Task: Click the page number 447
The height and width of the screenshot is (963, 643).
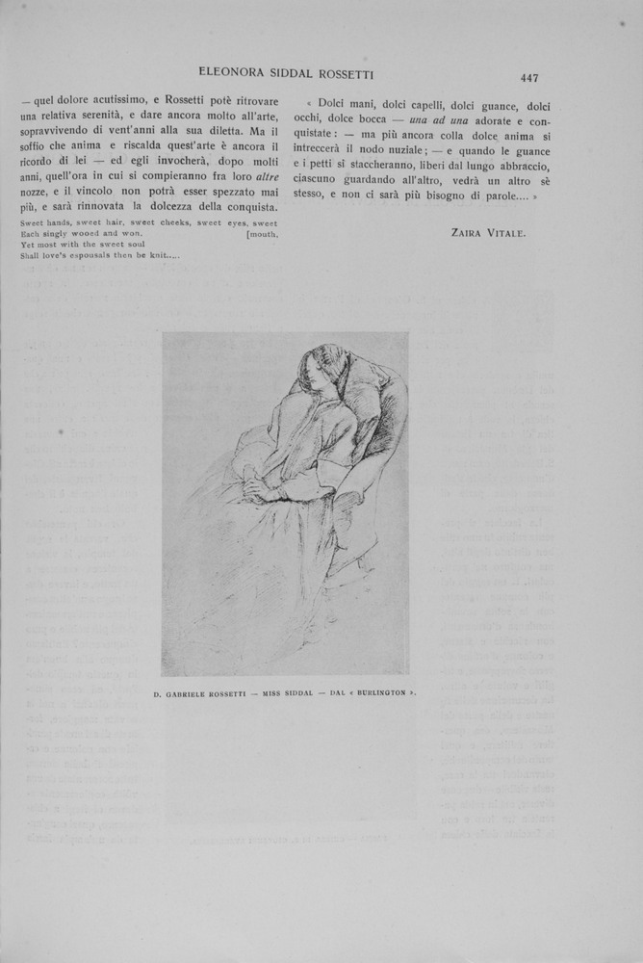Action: tap(528, 79)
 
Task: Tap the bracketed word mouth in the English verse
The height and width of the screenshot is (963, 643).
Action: tap(262, 233)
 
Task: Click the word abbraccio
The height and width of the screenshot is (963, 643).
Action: tap(517, 169)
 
